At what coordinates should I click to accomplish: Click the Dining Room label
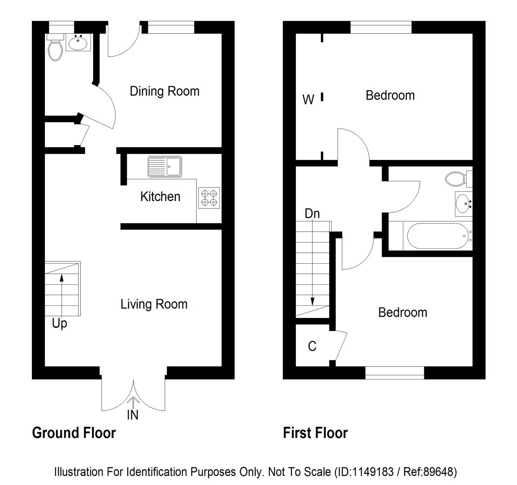[x=164, y=91]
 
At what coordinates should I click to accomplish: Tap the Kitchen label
[x=160, y=196]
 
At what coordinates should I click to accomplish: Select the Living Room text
[x=154, y=304]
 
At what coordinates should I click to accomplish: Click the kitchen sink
[x=165, y=166]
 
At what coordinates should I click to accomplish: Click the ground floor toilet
[x=55, y=49]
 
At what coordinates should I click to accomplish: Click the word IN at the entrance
[x=133, y=415]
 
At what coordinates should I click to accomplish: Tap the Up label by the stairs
[x=59, y=323]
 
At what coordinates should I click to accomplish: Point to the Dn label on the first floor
[x=312, y=214]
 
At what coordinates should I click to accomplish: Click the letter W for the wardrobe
[x=308, y=99]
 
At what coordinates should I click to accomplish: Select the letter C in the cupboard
[x=312, y=346]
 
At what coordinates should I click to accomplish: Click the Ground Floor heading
[x=74, y=433]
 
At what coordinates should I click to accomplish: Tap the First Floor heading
[x=315, y=433]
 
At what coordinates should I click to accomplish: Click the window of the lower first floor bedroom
[x=394, y=372]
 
